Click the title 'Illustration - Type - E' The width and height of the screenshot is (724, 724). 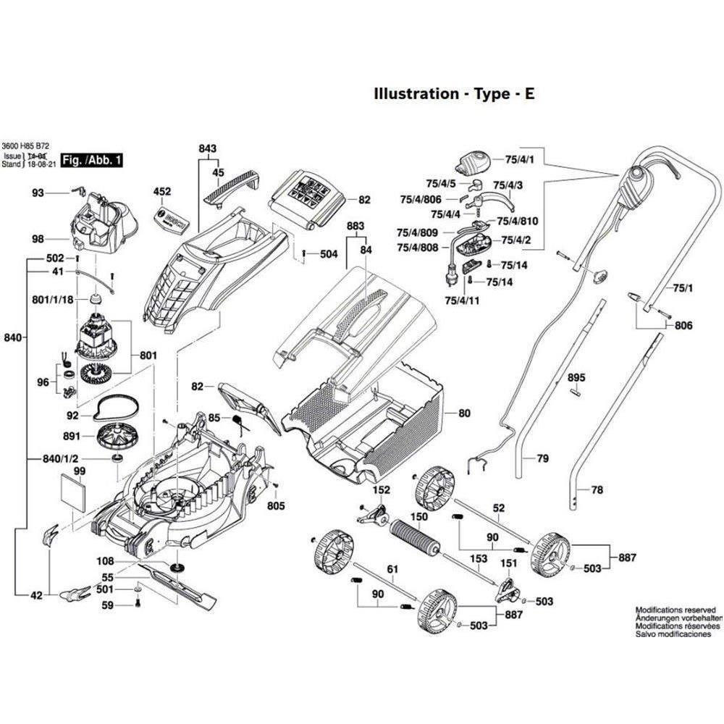click(x=454, y=94)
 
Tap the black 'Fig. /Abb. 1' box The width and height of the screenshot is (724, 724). click(x=92, y=159)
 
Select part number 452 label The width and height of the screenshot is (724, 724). click(x=162, y=192)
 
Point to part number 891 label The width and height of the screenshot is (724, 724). click(x=72, y=437)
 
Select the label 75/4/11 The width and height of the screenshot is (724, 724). click(x=460, y=299)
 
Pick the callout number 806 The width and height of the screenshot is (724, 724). click(x=683, y=326)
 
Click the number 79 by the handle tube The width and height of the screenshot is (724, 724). click(x=542, y=458)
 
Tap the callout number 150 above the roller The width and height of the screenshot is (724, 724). click(x=419, y=517)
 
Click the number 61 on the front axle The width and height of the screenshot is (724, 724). click(x=392, y=571)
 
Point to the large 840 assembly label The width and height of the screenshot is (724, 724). click(x=13, y=338)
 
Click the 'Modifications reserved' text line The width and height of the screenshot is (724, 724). click(x=675, y=610)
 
